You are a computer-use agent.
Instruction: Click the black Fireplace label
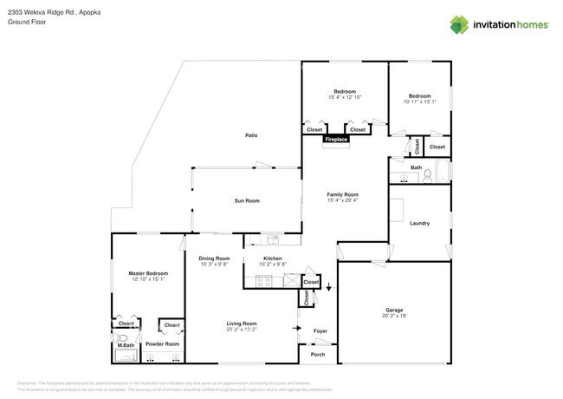tap(336, 139)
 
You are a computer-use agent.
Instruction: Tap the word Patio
tap(251, 135)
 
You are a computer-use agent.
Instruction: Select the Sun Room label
tap(247, 200)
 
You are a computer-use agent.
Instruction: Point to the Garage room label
tap(394, 310)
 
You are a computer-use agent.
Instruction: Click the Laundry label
tap(420, 223)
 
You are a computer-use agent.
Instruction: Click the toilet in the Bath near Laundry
tap(426, 177)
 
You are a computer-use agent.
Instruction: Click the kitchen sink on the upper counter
tap(272, 239)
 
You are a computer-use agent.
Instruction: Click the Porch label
tap(317, 354)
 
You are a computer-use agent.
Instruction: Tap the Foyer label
tap(320, 330)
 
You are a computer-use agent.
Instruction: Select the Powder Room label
tap(162, 344)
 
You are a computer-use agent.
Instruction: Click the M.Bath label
tap(126, 346)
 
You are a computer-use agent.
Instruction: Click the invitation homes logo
tap(499, 25)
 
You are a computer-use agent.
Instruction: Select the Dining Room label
tap(214, 258)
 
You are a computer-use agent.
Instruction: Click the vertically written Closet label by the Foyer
tap(306, 298)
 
